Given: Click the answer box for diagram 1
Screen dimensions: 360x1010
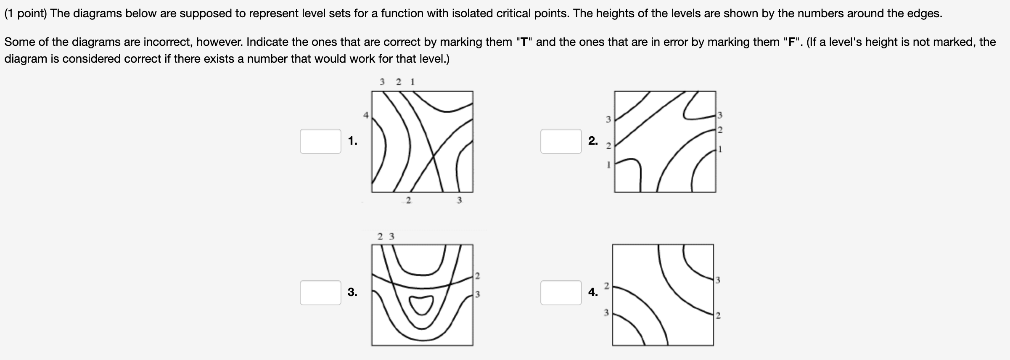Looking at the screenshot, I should point(320,141).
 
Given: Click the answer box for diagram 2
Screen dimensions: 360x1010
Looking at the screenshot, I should point(561,141).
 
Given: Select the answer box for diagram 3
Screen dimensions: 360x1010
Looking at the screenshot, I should point(320,293).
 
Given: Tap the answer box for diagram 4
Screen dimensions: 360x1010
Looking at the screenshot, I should point(561,293).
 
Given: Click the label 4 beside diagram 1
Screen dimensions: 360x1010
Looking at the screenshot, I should point(366,115).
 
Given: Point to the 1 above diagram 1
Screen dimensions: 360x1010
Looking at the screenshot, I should point(412,82).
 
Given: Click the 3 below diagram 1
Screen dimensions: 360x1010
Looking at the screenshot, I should point(459,200).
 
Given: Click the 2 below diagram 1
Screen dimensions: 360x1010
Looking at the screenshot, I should point(408,200).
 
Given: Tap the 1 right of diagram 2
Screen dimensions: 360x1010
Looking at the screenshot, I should point(720,149).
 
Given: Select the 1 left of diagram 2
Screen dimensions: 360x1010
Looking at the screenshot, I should point(608,165).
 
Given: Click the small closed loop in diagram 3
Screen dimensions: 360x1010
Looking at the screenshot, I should point(421,304).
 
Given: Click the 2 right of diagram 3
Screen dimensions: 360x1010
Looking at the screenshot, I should point(477,276).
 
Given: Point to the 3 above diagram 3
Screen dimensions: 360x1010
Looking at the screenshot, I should point(392,236).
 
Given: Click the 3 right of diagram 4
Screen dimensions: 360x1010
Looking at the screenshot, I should point(718,280).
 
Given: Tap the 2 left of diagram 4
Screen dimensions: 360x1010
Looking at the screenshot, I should point(606,286).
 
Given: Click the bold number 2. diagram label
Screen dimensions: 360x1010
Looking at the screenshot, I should point(593,141).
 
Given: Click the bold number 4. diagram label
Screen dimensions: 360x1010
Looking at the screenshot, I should point(593,292).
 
